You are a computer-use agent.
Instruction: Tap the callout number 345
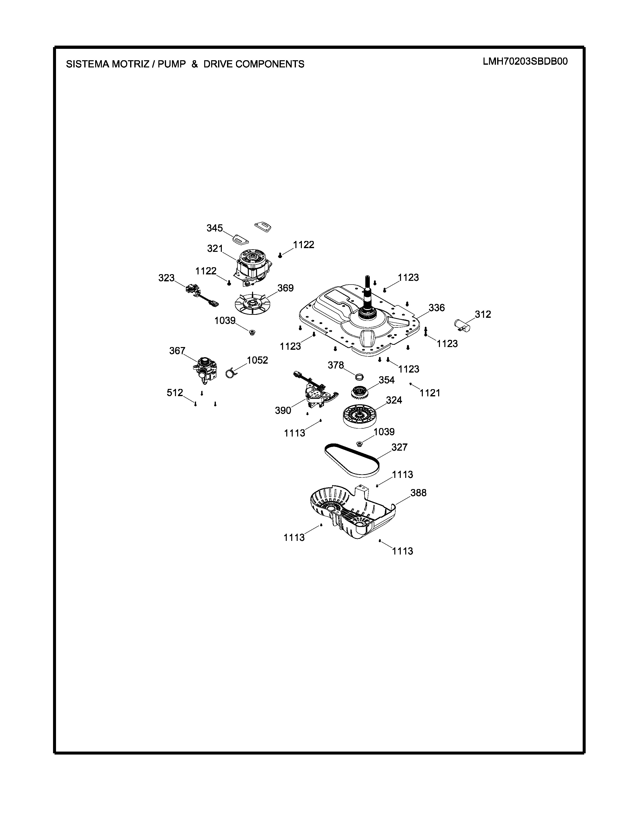[215, 228]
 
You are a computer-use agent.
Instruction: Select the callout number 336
[436, 308]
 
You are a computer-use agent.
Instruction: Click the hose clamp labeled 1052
[231, 373]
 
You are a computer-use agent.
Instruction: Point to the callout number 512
[175, 393]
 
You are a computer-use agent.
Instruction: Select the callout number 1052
[257, 360]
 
